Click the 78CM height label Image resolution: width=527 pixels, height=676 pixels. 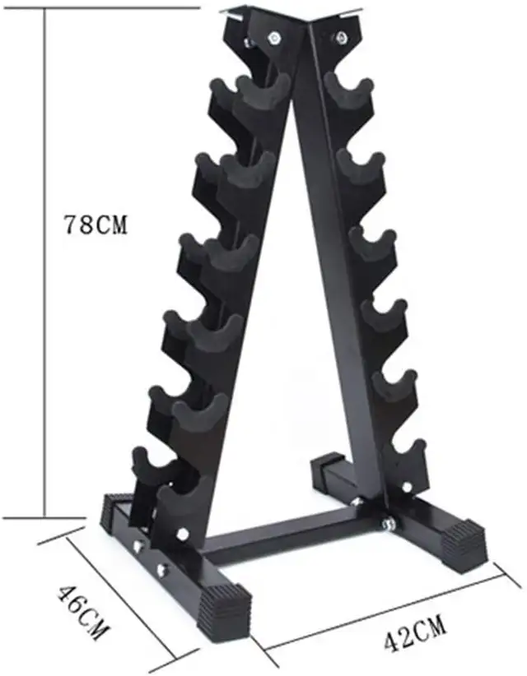point(96,225)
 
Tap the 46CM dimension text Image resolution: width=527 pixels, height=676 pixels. point(82,613)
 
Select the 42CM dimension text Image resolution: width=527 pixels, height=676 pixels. point(414,636)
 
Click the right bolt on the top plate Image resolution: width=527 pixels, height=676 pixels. point(340,36)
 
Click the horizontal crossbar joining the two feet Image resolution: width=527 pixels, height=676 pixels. point(280,535)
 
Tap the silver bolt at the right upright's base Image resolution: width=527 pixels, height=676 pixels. point(386,521)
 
